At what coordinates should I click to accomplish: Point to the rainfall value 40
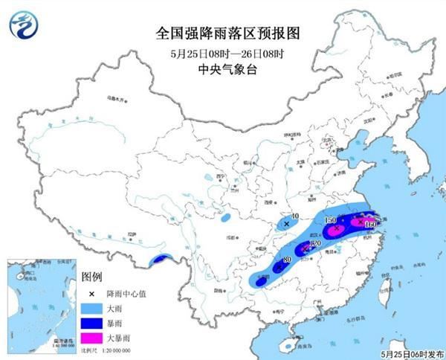295,216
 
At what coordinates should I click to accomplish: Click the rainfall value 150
331,221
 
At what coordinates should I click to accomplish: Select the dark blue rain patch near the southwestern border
158,259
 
